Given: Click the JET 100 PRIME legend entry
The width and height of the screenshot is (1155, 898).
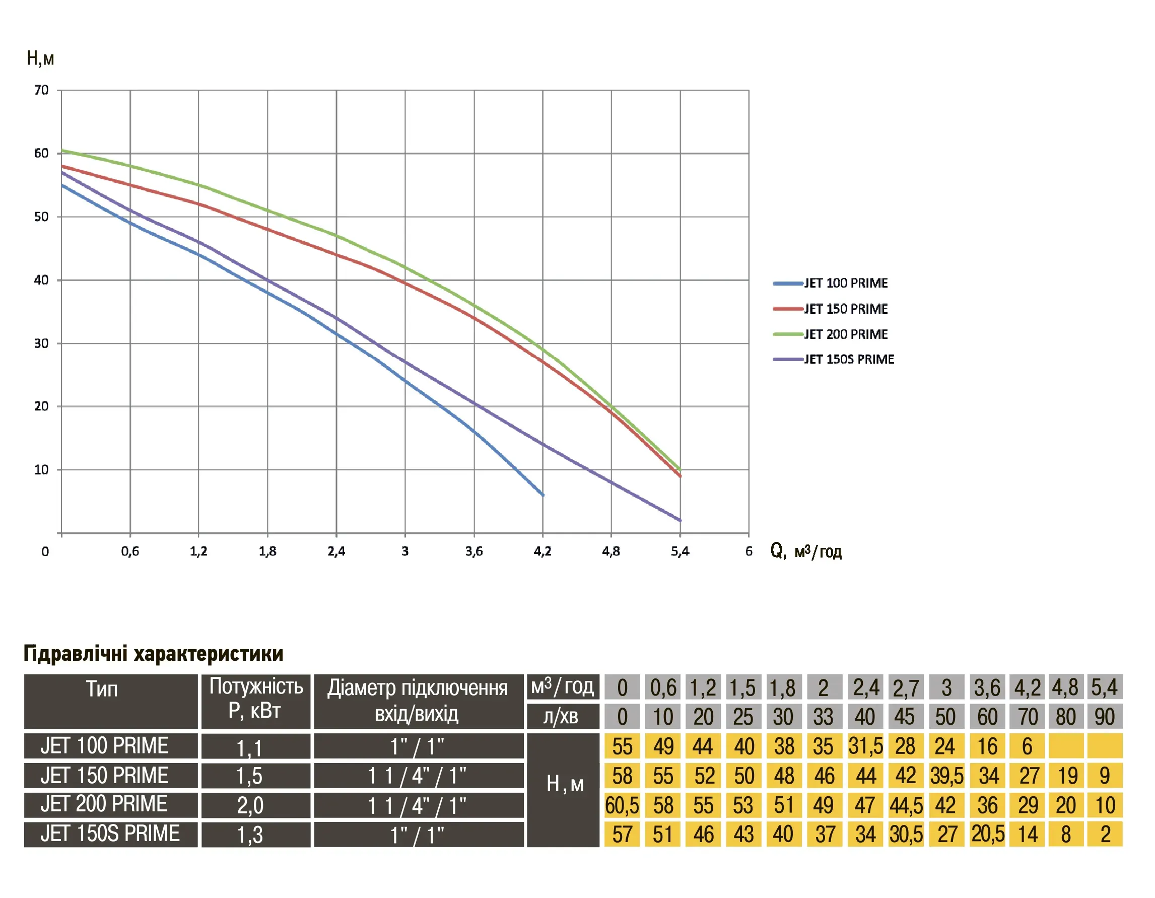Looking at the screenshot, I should pyautogui.click(x=845, y=284).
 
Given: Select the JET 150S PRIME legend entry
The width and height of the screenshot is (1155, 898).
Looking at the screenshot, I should pyautogui.click(x=848, y=360).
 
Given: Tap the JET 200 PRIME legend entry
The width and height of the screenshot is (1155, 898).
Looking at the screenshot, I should pyautogui.click(x=845, y=334).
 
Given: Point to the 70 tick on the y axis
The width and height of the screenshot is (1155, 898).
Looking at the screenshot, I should pyautogui.click(x=41, y=91).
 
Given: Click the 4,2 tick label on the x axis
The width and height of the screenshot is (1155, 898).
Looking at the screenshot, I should pyautogui.click(x=542, y=551).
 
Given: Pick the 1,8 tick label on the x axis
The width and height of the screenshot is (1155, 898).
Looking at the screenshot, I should pyautogui.click(x=267, y=551).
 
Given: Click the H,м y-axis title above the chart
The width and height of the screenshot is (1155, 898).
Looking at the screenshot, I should pyautogui.click(x=40, y=58).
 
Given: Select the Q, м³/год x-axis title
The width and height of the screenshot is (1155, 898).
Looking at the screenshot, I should pyautogui.click(x=806, y=551).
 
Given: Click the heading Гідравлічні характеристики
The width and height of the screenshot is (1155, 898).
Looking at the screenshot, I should pyautogui.click(x=153, y=654).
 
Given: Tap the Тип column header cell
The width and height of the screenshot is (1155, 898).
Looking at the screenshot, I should pyautogui.click(x=102, y=689).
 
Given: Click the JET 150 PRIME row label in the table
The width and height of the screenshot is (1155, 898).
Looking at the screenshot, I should pyautogui.click(x=105, y=776).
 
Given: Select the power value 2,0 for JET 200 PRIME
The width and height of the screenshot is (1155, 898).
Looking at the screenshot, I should pyautogui.click(x=250, y=805).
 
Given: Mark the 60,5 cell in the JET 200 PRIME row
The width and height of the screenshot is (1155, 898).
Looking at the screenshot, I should pyautogui.click(x=622, y=805).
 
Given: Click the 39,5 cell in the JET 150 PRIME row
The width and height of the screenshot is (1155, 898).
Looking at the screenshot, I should pyautogui.click(x=946, y=776).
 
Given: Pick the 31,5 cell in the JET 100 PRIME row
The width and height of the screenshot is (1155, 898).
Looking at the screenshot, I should pyautogui.click(x=866, y=746).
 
